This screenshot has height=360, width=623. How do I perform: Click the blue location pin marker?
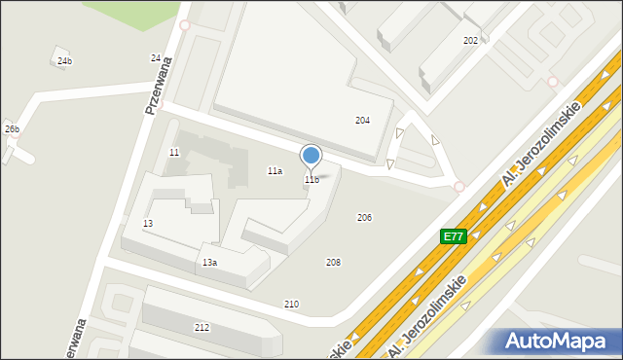tap(311, 156)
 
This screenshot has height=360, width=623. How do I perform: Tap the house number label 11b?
tap(311, 180)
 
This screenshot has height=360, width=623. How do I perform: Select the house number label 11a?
tap(275, 171)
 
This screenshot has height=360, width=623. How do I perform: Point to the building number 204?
tap(362, 121)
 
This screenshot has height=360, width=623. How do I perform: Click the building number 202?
tap(470, 41)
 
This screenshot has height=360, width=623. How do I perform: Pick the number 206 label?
tap(364, 217)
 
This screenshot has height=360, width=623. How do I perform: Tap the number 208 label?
tap(333, 263)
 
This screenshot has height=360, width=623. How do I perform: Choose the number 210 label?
tap(291, 305)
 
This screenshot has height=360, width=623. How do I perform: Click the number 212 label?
tap(202, 328)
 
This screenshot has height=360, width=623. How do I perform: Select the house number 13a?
tap(209, 263)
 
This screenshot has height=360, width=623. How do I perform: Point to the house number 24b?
tap(64, 61)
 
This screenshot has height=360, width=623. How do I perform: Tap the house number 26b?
tap(12, 128)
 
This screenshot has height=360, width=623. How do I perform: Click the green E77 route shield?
tap(454, 236)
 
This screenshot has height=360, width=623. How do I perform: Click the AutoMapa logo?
tap(557, 341)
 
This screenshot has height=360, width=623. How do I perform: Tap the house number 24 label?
tap(156, 58)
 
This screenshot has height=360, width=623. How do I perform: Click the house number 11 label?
tap(174, 153)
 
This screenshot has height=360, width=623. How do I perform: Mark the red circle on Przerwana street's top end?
tap(185, 25)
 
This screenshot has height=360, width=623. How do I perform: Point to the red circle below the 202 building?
tap(553, 82)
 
